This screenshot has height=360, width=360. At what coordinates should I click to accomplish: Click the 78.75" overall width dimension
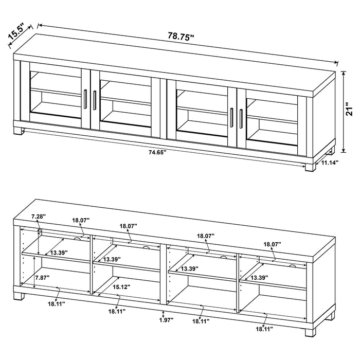181,37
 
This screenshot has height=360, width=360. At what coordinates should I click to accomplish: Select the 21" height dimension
350,110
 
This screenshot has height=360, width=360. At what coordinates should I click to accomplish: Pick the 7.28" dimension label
38,217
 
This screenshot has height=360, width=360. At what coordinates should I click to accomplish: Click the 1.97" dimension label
165,319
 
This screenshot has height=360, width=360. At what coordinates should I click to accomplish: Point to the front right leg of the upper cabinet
310,167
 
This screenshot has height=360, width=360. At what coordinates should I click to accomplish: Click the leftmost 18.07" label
81,220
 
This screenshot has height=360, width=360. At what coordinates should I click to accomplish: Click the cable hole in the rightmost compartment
293,265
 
